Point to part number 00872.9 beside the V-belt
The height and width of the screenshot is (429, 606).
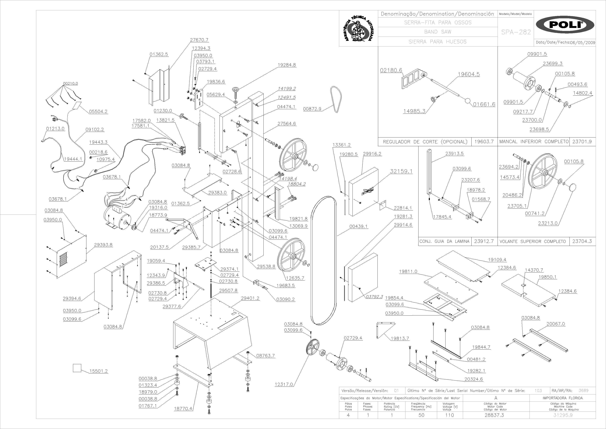pos(312,109)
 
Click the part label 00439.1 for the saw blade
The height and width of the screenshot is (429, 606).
pos(359,226)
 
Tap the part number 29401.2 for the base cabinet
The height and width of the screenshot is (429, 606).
pos(250,298)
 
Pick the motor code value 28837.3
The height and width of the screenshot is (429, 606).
pos(494,415)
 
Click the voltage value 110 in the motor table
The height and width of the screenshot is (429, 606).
pos(449,415)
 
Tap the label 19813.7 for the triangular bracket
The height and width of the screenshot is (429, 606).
pos(400,338)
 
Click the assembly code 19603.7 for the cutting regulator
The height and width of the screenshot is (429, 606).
pos(484,142)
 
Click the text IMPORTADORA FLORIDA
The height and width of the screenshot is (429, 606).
pos(562,398)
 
